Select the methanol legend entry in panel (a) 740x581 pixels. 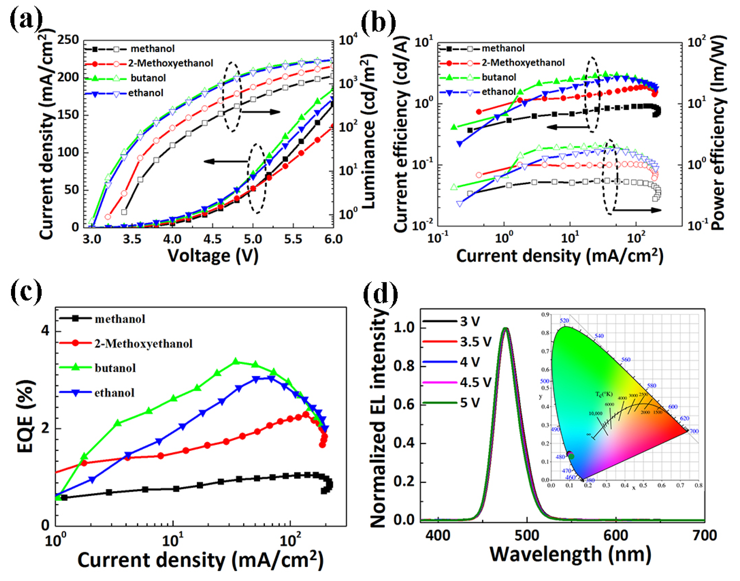(x=152, y=49)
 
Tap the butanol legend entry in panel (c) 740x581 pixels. (x=115, y=368)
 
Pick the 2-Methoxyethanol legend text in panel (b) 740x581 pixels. (x=523, y=63)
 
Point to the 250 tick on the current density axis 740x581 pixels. (x=68, y=40)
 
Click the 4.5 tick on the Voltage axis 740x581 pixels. (x=212, y=239)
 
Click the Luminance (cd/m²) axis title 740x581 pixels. (x=368, y=133)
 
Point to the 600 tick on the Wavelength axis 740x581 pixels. (x=615, y=535)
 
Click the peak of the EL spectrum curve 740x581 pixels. (x=506, y=329)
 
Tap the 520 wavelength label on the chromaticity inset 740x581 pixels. (x=564, y=320)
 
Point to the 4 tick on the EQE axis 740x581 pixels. (x=46, y=331)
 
